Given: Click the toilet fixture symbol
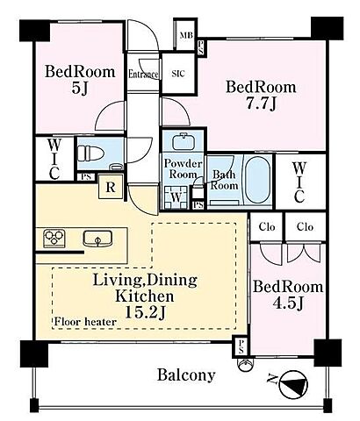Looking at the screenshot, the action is (x=90, y=153).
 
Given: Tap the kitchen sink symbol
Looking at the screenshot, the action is (x=97, y=239).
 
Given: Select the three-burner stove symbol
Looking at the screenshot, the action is (x=54, y=239).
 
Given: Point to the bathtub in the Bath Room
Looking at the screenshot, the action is (x=257, y=180).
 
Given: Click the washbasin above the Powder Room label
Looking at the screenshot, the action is (x=184, y=142).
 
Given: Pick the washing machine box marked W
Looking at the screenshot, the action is (x=176, y=197).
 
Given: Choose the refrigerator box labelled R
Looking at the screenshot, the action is (x=111, y=187).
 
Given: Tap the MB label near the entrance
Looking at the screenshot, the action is (x=186, y=35).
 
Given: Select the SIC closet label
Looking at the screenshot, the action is (x=178, y=74).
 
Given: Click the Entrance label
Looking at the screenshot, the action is (x=143, y=75).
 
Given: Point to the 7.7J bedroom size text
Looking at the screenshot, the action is (x=261, y=103).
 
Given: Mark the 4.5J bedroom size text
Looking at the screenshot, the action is (x=289, y=303).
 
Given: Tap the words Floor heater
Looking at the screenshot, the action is (x=85, y=322).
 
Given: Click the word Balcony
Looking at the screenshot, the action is (x=186, y=375).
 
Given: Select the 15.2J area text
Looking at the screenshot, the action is (x=146, y=312).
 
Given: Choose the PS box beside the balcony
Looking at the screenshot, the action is (x=241, y=347).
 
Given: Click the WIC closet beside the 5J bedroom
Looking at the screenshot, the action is (x=54, y=160).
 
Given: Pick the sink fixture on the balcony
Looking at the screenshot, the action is (x=245, y=364).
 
